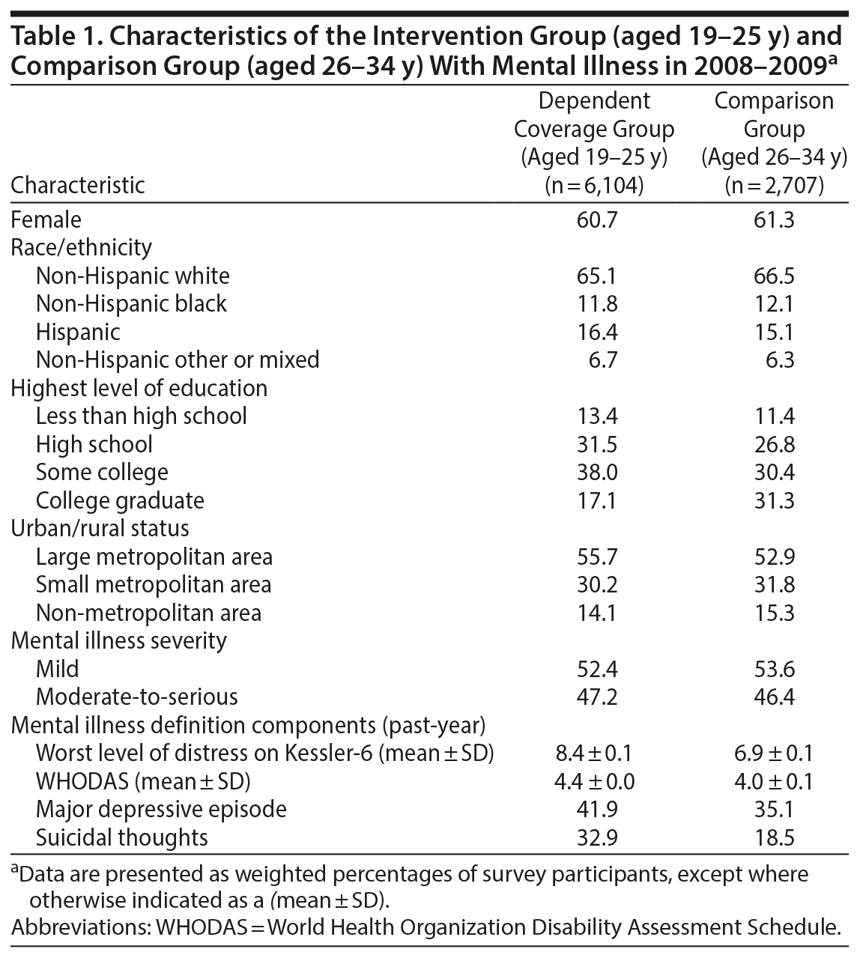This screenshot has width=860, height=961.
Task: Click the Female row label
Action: (x=46, y=219)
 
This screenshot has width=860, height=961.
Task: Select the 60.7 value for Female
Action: (x=594, y=219)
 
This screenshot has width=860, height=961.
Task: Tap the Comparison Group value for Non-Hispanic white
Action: (x=774, y=276)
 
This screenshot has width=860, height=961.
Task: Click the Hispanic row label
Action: (x=78, y=332)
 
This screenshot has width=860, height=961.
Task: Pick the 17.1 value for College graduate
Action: (x=594, y=500)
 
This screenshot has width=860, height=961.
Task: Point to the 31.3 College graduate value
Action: (x=774, y=500)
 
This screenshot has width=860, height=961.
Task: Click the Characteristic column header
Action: (x=78, y=185)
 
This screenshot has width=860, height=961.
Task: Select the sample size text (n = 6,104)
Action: (x=594, y=185)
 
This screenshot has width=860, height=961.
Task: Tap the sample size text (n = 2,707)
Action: (x=774, y=185)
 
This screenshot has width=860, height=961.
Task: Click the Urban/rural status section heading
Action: (x=100, y=528)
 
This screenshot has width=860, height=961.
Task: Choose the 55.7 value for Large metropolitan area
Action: (x=594, y=557)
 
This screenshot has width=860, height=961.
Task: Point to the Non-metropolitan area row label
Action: (x=148, y=613)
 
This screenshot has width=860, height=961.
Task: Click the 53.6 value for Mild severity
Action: (x=774, y=669)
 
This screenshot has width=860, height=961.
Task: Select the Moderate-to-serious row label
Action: (x=136, y=697)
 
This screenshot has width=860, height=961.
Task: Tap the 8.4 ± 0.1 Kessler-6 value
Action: (x=594, y=753)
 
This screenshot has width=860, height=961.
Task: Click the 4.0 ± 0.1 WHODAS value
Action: (x=774, y=781)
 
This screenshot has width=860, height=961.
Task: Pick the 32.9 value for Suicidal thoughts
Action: (x=594, y=837)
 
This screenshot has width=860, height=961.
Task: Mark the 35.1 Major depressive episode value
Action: (x=774, y=809)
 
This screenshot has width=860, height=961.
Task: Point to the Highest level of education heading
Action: (x=139, y=388)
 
